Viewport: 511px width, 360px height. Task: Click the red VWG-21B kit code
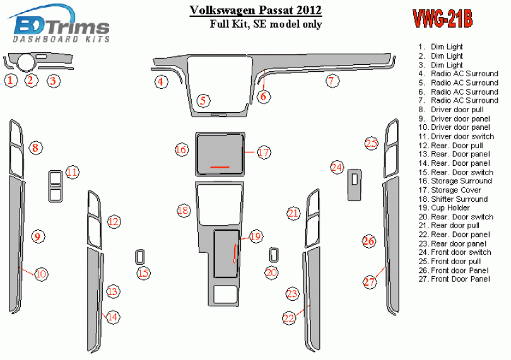[443, 18]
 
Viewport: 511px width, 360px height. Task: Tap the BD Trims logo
[59, 24]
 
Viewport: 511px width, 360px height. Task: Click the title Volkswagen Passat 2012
[255, 10]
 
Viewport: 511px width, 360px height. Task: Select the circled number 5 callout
[203, 100]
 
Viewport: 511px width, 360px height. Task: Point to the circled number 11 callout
[72, 171]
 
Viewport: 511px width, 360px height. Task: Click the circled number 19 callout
[255, 236]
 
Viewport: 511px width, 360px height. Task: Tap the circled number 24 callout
[337, 168]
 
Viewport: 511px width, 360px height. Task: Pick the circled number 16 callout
[181, 150]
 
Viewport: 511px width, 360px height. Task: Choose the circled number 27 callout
[370, 281]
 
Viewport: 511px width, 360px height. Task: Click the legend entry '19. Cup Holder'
[444, 208]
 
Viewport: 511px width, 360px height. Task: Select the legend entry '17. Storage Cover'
[450, 190]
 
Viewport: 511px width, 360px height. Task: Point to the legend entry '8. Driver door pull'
[451, 110]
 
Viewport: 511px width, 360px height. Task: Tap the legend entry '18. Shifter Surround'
[453, 199]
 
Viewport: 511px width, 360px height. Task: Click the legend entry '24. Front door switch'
[455, 252]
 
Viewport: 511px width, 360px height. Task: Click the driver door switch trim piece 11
[56, 186]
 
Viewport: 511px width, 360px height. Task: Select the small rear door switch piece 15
[140, 257]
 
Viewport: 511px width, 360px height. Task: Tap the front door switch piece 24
[355, 185]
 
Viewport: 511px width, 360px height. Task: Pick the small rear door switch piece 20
[274, 255]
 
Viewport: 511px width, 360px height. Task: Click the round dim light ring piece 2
[26, 62]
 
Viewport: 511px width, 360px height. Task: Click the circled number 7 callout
[332, 81]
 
